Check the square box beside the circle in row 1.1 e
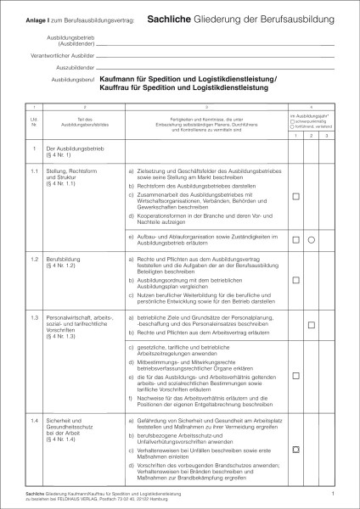pos(296,241)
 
